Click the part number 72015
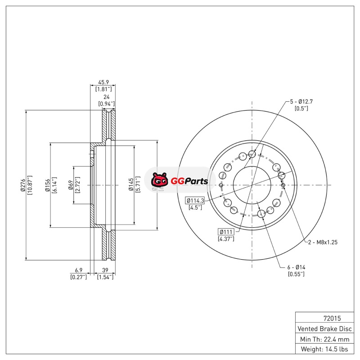332,318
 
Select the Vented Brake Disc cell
324,328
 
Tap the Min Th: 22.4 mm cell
324,339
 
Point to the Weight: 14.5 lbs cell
324,349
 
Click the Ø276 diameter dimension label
23,185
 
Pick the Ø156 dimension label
47,185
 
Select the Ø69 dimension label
71,185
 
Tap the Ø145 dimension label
131,184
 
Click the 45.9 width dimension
103,82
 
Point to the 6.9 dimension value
79,270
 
